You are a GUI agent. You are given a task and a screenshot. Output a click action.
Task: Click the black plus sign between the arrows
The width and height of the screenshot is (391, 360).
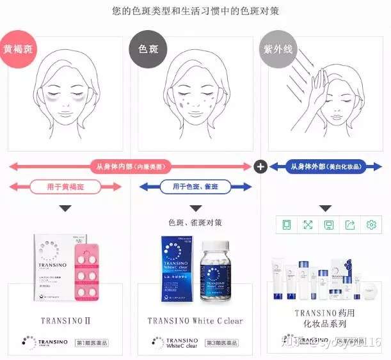(x=260, y=167)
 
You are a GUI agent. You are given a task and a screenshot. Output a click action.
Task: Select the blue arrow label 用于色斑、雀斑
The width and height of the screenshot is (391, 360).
(x=196, y=187)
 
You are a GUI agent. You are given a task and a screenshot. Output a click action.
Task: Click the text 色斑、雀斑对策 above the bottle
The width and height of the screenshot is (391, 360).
(x=196, y=223)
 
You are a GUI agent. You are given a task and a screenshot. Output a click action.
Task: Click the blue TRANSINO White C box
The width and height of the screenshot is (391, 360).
(x=179, y=269)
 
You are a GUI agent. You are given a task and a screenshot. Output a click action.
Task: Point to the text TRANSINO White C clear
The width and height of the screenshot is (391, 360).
(x=195, y=320)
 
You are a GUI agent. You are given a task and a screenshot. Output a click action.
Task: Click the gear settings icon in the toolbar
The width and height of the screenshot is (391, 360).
(x=371, y=224)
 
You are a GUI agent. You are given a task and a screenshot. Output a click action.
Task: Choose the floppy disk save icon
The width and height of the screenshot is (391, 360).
(x=328, y=224)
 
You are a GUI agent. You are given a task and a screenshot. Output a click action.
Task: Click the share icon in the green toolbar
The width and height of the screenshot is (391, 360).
(x=349, y=224)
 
